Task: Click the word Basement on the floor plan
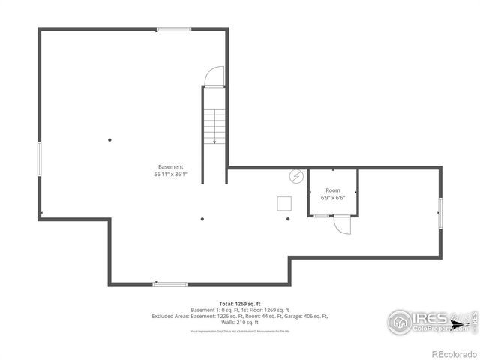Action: pos(170,166)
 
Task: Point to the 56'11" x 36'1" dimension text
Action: pos(170,174)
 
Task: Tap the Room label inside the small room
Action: pos(333,191)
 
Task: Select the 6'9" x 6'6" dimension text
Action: pos(333,199)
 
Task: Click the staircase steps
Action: pos(215,125)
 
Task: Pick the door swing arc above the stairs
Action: pos(215,76)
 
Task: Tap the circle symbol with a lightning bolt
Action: pos(296,177)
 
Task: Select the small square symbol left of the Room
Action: pos(285,203)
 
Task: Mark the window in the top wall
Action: pos(174,29)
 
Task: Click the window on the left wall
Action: pos(40,159)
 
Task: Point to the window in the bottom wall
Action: pos(170,284)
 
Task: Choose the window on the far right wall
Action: pos(440,212)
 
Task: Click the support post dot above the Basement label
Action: pos(109,139)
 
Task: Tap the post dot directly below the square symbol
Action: pos(288,220)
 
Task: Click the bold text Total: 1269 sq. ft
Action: pos(240,304)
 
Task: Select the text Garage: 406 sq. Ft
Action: pos(302,316)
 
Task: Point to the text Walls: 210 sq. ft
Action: pos(240,322)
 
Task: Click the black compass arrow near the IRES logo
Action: pos(460,325)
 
